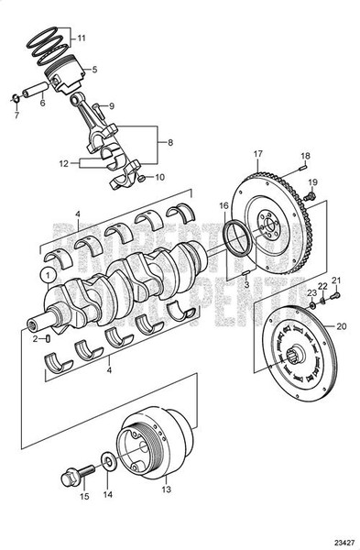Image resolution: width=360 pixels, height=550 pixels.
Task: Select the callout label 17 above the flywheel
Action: coord(258,152)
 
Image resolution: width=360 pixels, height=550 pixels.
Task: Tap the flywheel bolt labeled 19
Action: coord(312,195)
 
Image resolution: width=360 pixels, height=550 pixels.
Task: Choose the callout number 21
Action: coord(336,280)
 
